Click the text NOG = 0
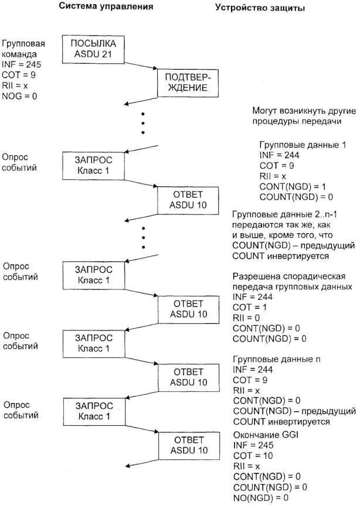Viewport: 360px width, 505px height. pos(19,95)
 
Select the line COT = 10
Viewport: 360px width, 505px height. pos(251,456)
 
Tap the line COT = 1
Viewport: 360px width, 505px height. pos(248,307)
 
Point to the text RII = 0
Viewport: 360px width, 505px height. pos(245,318)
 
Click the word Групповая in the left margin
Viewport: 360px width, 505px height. pos(23,43)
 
